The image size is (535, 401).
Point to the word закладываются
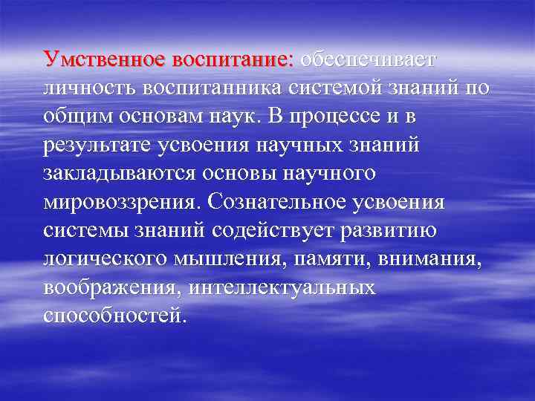117,175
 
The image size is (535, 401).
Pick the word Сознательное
281,202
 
